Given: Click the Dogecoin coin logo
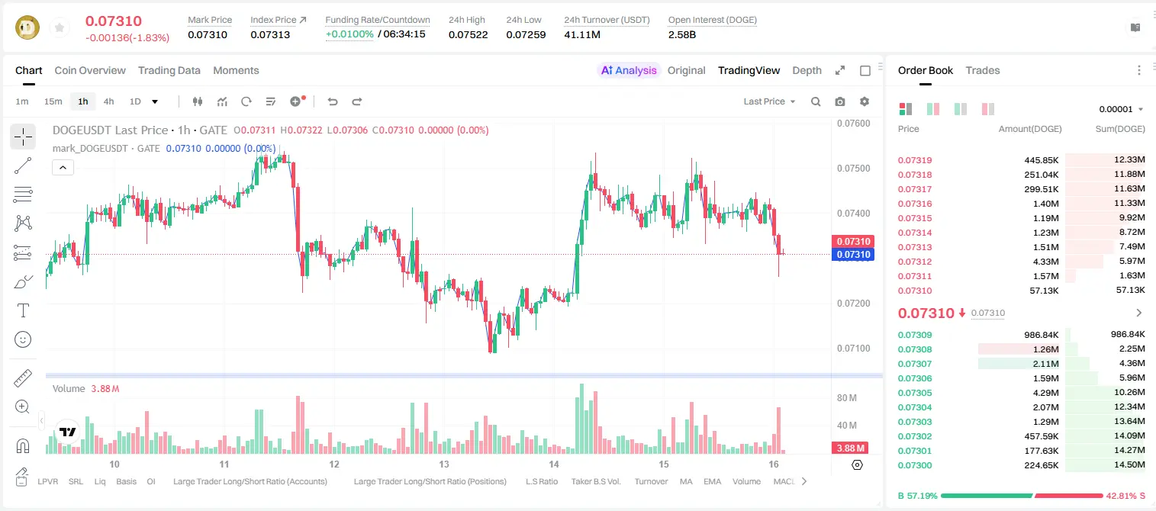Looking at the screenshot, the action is click(x=27, y=27).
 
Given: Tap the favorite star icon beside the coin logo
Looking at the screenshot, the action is click(x=60, y=28).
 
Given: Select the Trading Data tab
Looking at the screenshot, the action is click(x=169, y=70).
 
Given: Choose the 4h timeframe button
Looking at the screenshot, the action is click(x=108, y=101).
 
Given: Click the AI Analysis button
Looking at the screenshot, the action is click(x=629, y=70).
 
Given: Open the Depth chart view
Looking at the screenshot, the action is click(x=807, y=70).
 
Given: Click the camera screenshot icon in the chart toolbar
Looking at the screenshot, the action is click(x=840, y=101).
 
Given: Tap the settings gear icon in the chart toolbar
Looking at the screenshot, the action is click(x=865, y=101).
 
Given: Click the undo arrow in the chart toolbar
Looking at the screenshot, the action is click(x=333, y=101).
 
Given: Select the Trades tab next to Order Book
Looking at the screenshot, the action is click(x=983, y=70).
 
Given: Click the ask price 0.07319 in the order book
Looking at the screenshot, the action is click(x=914, y=160).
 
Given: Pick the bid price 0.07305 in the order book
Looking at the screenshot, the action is click(x=914, y=393).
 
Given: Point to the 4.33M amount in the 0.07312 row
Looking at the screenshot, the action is click(x=1045, y=262).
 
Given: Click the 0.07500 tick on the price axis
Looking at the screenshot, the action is click(x=854, y=169).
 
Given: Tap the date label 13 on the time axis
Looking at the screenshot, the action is click(x=444, y=464).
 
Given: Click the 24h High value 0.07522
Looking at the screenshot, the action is click(x=468, y=34).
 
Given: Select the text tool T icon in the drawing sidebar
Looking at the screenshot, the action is click(x=23, y=310).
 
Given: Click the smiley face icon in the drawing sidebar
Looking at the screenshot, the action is click(x=23, y=339).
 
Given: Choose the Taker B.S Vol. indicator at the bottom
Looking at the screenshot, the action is click(x=595, y=481).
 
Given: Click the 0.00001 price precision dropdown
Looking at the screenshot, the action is click(x=1121, y=109).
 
